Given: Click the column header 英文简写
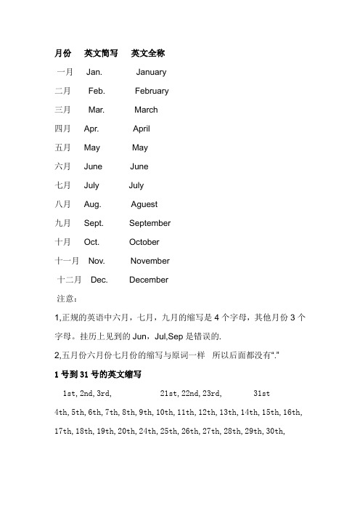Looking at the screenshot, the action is pos(101,53).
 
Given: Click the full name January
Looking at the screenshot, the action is pos(151,73).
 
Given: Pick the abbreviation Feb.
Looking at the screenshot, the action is pos(97,92).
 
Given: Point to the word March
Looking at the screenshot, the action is pos(146,110).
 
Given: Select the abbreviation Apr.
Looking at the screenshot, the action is pos(91,129).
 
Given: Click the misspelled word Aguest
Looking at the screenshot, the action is pos(144,205).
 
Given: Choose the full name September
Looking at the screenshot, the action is pos(150,224).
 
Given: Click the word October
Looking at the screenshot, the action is pos(145,242).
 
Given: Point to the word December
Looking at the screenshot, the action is pos(149,280).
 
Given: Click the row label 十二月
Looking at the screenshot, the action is pos(70,280).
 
